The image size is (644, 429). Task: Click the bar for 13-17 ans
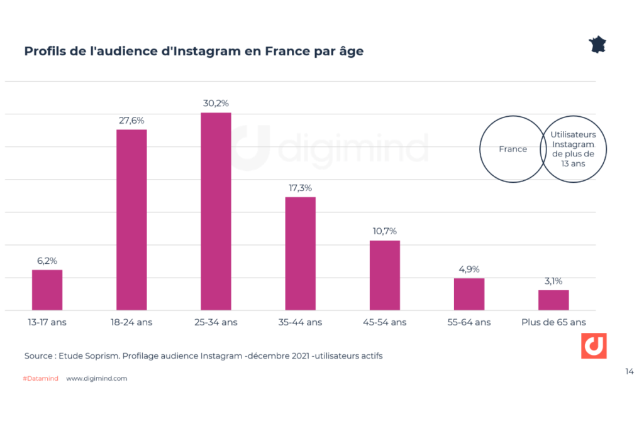point(47,290)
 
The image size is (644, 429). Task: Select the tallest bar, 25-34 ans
point(216,211)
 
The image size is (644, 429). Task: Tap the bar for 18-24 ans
point(131,220)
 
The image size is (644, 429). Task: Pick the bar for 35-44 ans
point(301,253)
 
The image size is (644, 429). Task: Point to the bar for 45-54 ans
point(385,275)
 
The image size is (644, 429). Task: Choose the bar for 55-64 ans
point(469,294)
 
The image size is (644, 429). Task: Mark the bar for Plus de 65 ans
point(553,300)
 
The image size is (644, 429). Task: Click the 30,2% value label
point(216,103)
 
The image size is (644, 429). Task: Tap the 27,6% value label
point(131,120)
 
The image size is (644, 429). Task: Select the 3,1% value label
point(553,281)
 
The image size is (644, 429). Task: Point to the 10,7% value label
point(385,231)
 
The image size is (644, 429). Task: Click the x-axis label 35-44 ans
point(301,322)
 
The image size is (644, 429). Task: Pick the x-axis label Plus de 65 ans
point(553,322)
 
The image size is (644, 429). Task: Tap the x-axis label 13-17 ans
point(47,322)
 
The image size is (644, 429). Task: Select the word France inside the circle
point(513,149)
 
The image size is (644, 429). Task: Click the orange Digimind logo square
point(594,346)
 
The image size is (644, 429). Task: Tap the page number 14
point(629,371)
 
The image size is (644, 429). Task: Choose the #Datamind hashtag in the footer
point(40,379)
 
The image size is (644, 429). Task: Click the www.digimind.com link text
point(96,379)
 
